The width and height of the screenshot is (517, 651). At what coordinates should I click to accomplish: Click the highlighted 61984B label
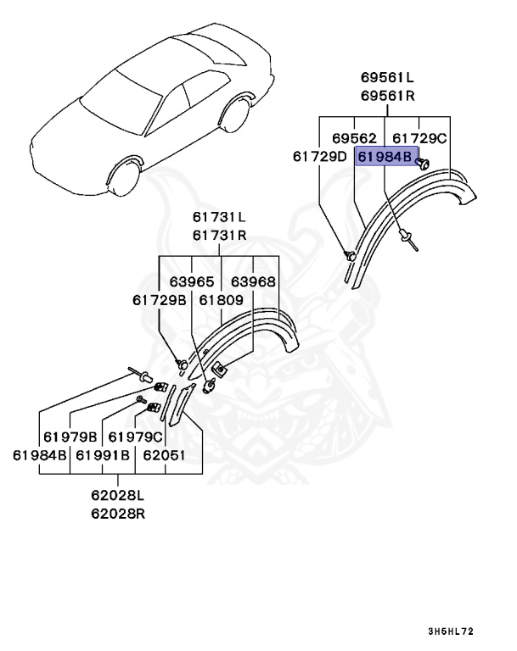click(385, 157)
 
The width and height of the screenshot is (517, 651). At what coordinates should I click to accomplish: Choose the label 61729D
click(320, 156)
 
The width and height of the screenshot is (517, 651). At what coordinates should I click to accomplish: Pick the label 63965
click(191, 281)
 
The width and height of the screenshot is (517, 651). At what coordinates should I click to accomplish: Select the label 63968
click(253, 281)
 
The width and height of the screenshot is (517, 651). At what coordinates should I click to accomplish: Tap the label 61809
click(222, 300)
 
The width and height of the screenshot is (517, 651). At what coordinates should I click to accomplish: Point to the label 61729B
click(159, 300)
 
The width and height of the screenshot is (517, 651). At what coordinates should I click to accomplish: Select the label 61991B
click(103, 455)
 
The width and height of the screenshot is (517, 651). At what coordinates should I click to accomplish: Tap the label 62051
click(164, 455)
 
